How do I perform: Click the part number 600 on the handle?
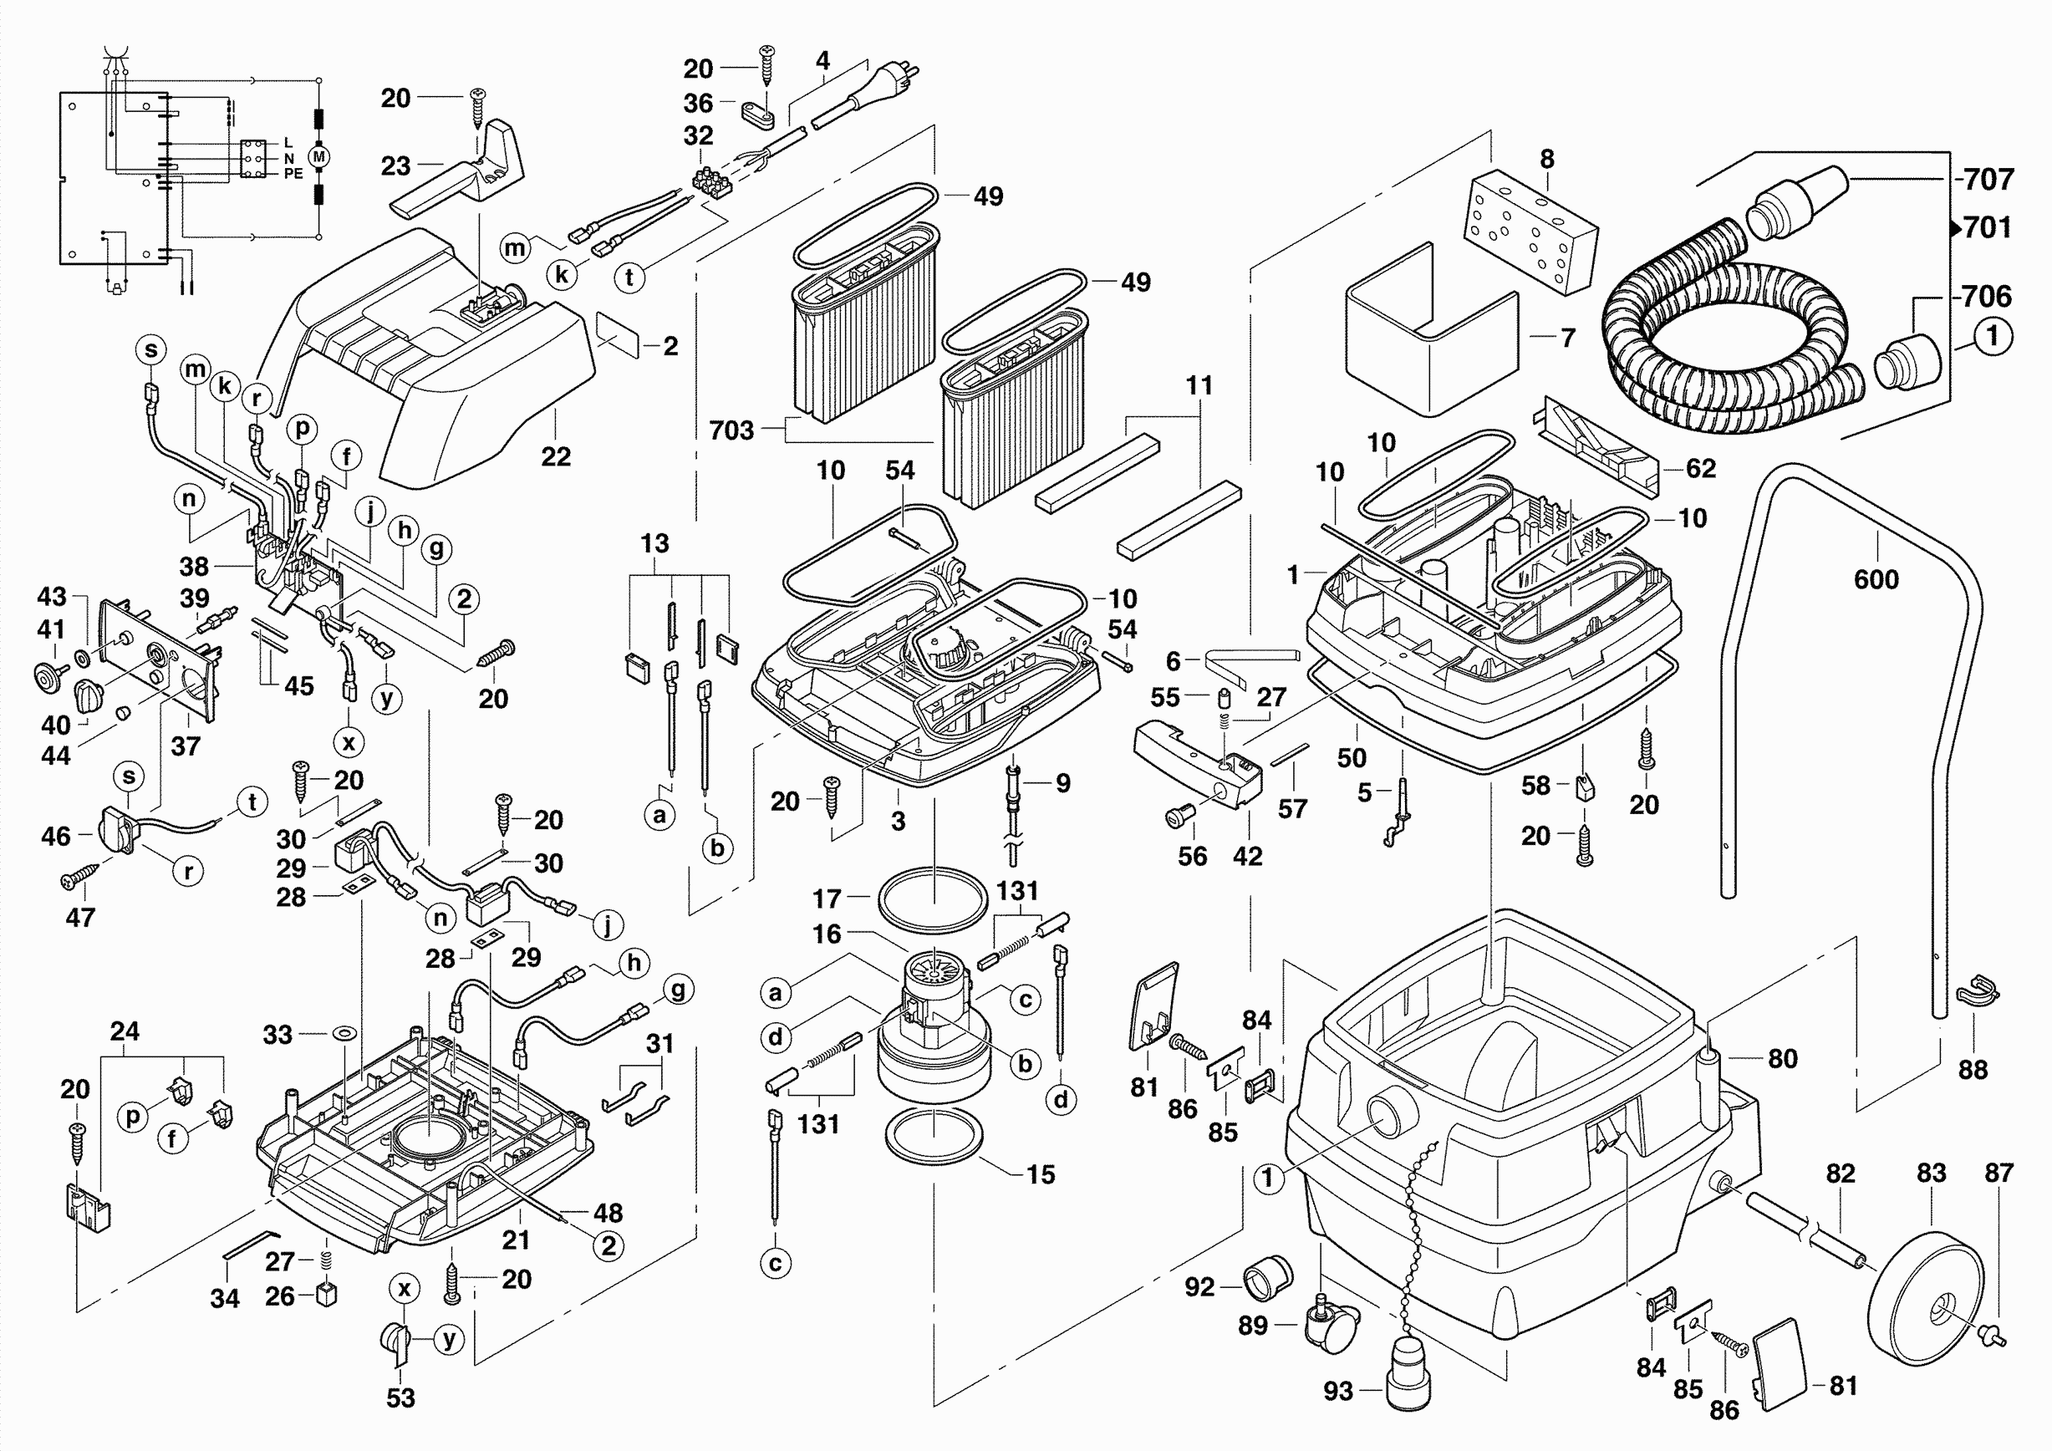[x=1876, y=580]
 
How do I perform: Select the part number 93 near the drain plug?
[x=1338, y=1391]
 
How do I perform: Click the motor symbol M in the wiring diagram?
[x=319, y=158]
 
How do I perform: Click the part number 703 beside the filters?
[x=731, y=430]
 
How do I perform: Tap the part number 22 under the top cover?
[x=556, y=456]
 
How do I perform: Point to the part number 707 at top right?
[x=1988, y=180]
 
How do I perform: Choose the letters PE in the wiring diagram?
[x=293, y=174]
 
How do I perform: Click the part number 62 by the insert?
[x=1701, y=469]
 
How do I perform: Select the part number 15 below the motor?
[x=1041, y=1175]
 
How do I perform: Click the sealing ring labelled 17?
[x=933, y=904]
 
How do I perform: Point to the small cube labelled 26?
[x=327, y=1294]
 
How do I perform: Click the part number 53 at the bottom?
[x=400, y=1398]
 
